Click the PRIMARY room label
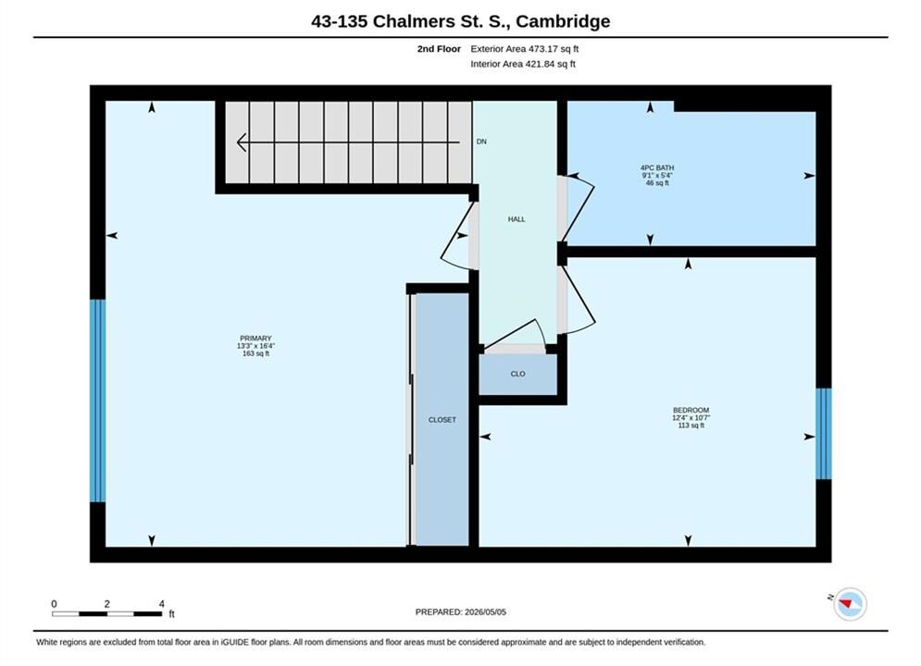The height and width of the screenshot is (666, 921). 255,339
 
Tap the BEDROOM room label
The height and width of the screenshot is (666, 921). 691,410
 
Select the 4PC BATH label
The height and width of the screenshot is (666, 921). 657,167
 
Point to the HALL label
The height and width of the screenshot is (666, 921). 517,219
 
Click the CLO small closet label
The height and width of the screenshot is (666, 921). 517,374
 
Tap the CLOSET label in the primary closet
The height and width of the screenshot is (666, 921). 442,420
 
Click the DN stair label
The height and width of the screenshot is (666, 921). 481,142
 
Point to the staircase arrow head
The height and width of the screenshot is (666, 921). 242,142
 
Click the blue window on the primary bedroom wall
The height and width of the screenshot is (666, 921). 97,401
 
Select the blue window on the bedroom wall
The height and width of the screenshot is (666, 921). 824,434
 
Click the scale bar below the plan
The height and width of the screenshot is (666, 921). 106,614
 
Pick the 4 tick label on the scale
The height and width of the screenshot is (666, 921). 162,604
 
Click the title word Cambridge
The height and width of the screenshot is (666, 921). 563,21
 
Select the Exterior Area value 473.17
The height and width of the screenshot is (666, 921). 546,49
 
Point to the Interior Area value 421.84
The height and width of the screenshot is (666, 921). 542,64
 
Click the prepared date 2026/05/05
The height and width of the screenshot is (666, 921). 485,612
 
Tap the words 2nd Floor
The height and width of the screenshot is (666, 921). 439,49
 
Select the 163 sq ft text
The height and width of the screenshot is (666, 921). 255,354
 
